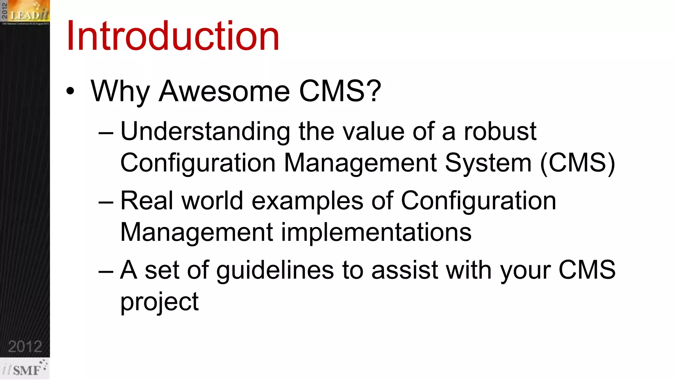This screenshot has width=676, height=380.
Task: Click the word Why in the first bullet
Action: point(120,91)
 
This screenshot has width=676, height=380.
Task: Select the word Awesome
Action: point(224,91)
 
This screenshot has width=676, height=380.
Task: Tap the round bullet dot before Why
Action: point(70,91)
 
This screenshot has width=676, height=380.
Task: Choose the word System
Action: point(488,163)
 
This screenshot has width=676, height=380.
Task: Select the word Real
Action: point(147,201)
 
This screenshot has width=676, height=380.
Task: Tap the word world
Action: point(212,201)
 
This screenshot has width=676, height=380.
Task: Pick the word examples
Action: point(307,201)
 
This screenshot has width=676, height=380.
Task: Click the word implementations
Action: point(376,233)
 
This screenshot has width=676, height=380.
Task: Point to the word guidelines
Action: point(275,270)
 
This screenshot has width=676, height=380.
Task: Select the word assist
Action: point(405,270)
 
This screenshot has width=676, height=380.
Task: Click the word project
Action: point(159,302)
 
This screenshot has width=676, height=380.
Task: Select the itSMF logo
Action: point(25,369)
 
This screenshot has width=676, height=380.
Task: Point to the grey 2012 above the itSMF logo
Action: point(25,346)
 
